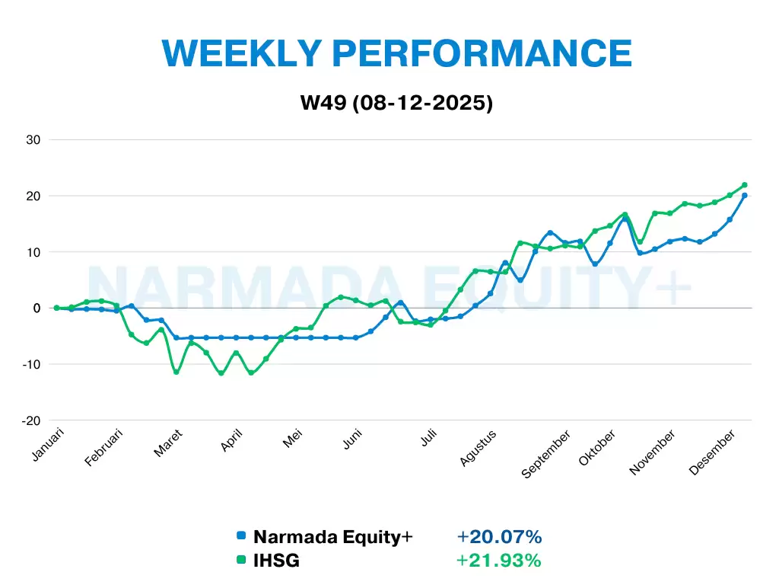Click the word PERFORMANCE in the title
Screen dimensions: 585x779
[484, 53]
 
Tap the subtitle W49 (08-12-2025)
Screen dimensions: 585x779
[396, 102]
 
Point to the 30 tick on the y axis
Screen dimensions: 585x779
[33, 139]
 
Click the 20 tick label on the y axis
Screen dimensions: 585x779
[33, 196]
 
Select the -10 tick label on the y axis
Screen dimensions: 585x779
[30, 364]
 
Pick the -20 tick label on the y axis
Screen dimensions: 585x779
[30, 420]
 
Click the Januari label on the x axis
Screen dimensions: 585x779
[49, 445]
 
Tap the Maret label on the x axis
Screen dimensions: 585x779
[168, 443]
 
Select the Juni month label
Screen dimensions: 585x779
[351, 440]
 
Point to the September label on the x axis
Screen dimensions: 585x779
[545, 455]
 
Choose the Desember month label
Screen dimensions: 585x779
[712, 452]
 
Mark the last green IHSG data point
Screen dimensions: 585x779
[744, 184]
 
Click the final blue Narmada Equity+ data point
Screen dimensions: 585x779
[744, 195]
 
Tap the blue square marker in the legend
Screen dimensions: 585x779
[241, 536]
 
